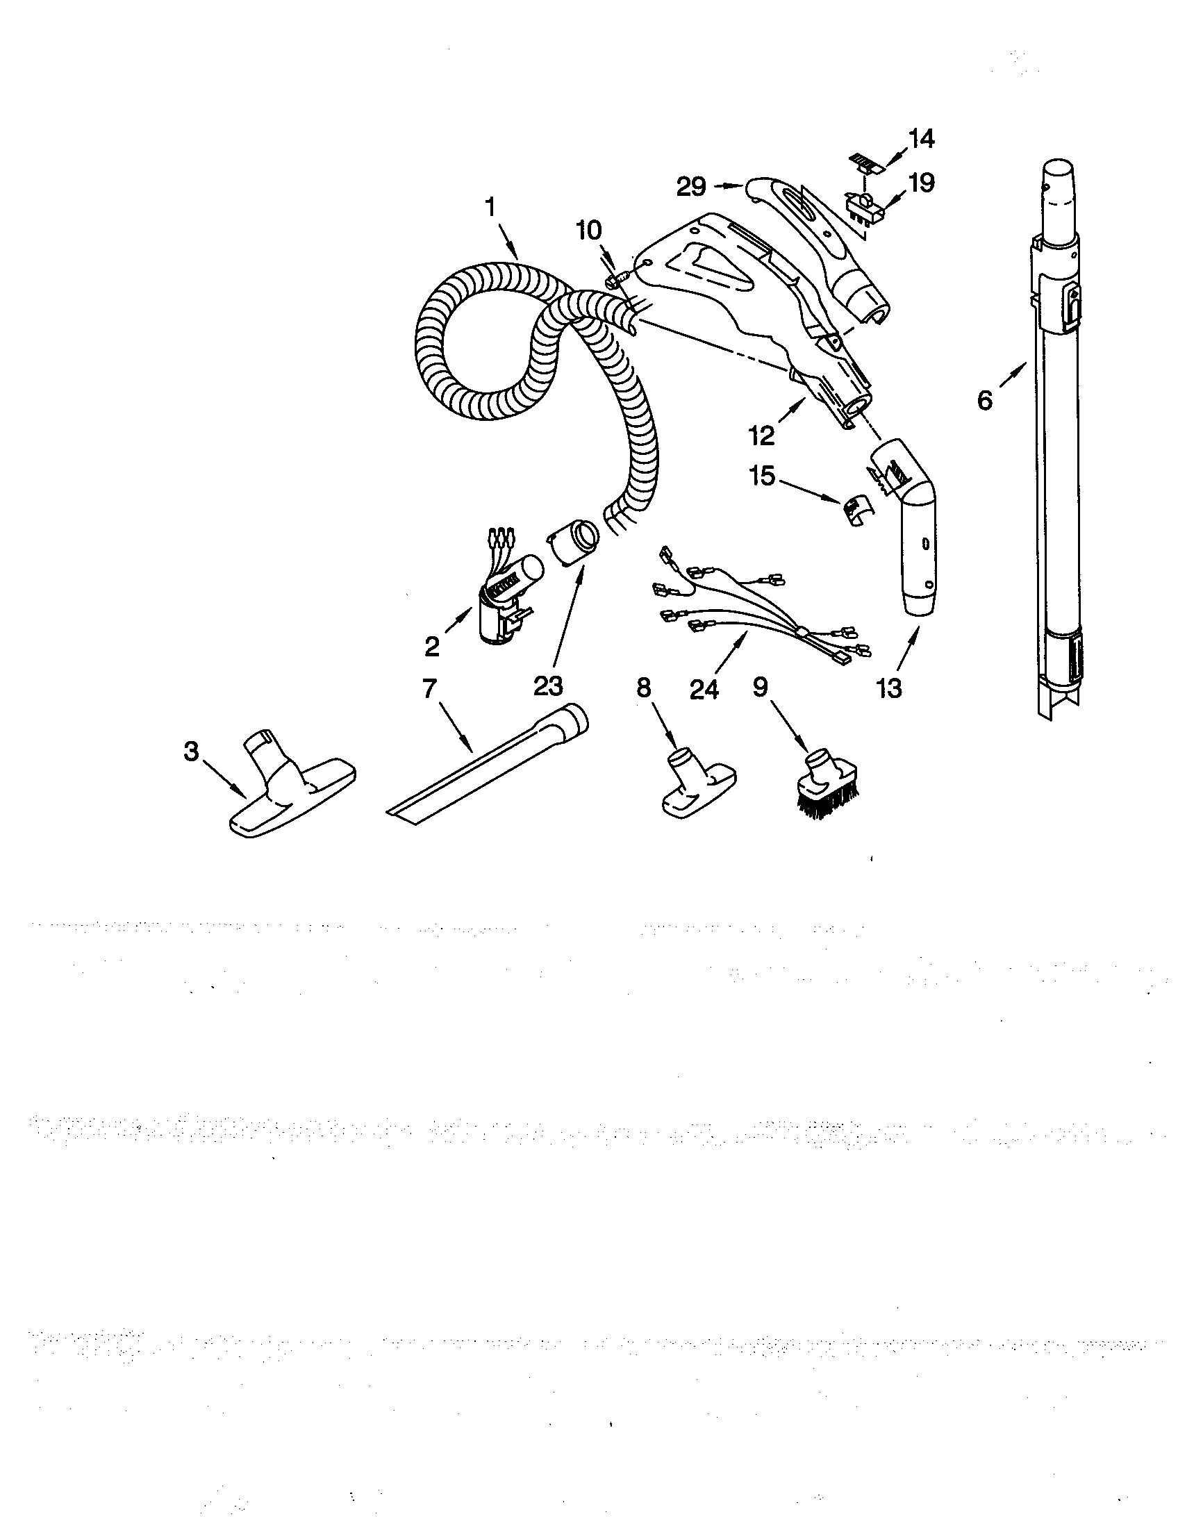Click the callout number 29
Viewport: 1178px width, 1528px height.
click(692, 187)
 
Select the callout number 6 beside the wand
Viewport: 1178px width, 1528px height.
click(984, 400)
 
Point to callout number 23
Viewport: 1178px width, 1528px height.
click(548, 686)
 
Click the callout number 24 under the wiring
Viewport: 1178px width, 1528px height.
click(704, 689)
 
